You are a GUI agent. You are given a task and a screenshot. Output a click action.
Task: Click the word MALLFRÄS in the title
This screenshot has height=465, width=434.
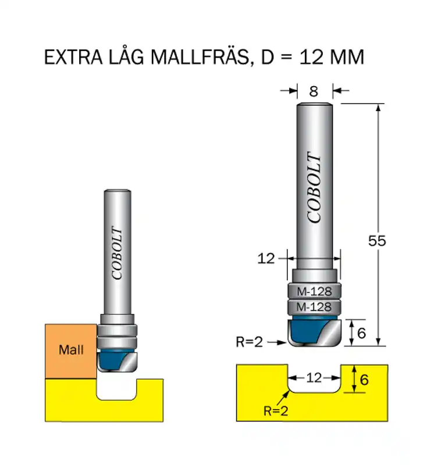[x=200, y=56]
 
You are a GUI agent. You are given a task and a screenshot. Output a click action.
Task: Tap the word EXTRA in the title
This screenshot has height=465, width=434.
[x=73, y=57]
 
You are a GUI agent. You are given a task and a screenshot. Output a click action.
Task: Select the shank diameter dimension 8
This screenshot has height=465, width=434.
[x=314, y=91]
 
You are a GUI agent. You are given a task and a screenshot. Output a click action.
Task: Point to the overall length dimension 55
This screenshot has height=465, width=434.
[x=377, y=241]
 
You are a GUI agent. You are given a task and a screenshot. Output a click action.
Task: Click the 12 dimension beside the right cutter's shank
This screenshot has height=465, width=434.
[x=266, y=259]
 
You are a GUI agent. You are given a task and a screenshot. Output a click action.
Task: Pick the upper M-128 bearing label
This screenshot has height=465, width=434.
[x=314, y=292]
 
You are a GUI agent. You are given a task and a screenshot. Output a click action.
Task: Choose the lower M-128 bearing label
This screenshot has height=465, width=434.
[x=314, y=307]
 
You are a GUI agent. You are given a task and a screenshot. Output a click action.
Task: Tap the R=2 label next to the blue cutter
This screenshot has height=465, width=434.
[x=250, y=342]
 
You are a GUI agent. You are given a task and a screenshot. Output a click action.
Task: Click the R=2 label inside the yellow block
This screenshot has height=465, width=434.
[x=276, y=411]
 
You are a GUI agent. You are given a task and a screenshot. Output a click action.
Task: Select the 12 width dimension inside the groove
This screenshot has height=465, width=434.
[x=314, y=378]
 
